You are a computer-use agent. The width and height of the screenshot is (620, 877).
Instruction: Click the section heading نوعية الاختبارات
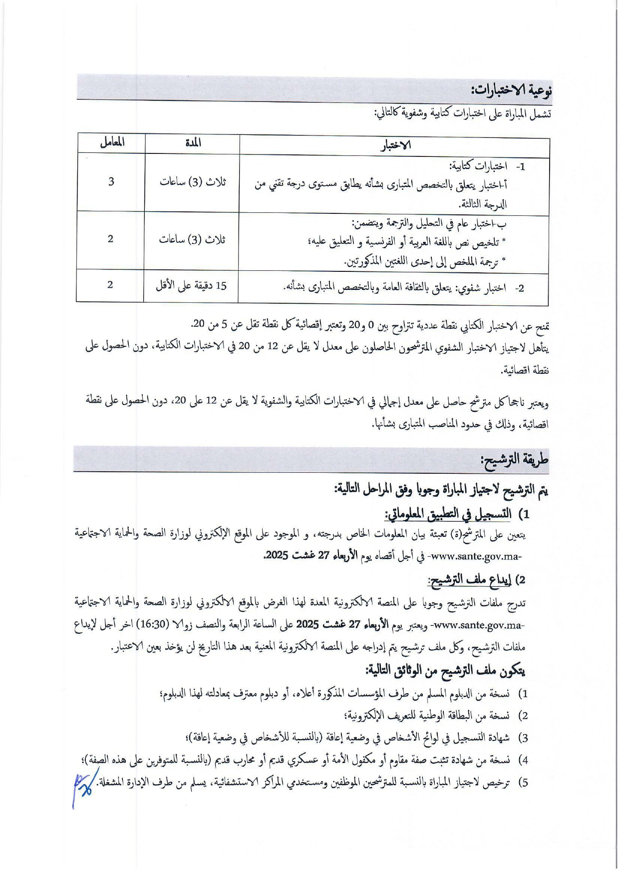pos(511,90)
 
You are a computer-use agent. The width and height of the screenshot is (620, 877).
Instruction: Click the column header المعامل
pos(112,142)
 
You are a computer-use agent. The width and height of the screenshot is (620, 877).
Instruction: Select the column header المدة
pos(193,143)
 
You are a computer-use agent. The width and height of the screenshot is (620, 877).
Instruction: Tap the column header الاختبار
pos(395,145)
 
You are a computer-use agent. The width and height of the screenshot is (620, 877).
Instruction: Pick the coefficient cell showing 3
pos(111,181)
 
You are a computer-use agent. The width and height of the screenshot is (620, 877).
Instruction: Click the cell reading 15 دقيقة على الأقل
pos(191,286)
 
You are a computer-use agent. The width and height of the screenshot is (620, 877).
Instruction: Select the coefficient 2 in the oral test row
pos(110,285)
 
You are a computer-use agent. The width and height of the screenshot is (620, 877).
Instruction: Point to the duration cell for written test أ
pos(193,182)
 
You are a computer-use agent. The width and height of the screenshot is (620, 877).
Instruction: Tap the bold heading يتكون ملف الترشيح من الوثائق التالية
pos(445,671)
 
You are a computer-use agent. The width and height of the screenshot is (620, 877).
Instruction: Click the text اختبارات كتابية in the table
pos(478,166)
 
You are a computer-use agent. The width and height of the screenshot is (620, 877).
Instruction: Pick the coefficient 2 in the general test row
pos(110,239)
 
